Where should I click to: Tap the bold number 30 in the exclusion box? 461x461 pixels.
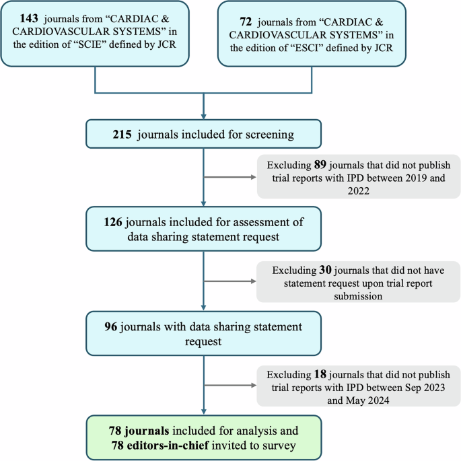point(327,270)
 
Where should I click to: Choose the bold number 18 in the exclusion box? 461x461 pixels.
point(324,374)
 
